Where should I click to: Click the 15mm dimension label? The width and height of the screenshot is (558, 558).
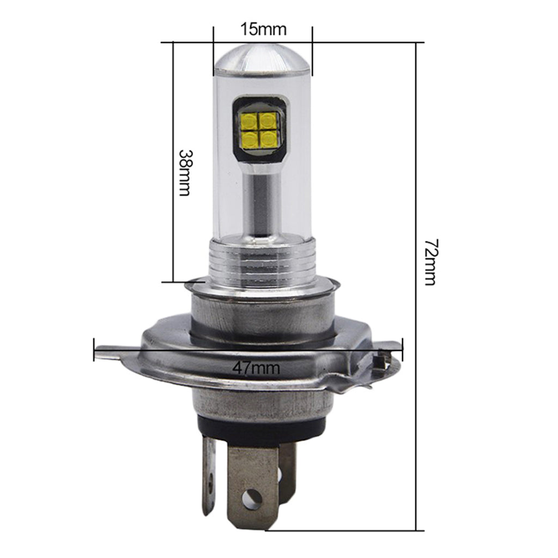pyautogui.click(x=263, y=29)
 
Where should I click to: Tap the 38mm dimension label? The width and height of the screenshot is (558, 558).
pyautogui.click(x=185, y=172)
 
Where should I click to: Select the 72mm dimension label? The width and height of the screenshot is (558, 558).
pyautogui.click(x=430, y=262)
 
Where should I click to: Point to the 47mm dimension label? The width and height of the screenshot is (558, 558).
pyautogui.click(x=256, y=368)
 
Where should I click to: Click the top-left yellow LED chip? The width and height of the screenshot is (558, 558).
pyautogui.click(x=248, y=121)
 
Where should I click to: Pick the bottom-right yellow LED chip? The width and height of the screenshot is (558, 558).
pyautogui.click(x=268, y=139)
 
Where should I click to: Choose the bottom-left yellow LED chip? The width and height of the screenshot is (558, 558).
pyautogui.click(x=249, y=139)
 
